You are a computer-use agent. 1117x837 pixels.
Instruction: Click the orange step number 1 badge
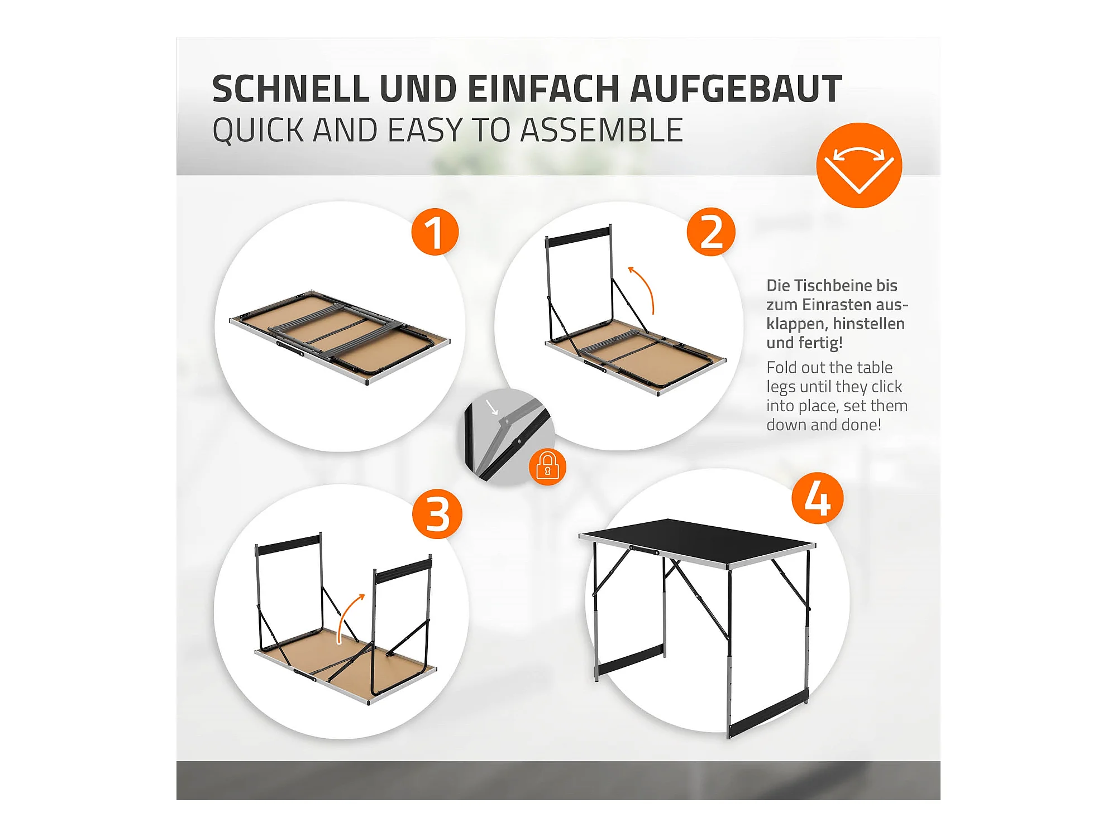[435, 232]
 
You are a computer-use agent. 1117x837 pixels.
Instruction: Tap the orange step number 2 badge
[711, 232]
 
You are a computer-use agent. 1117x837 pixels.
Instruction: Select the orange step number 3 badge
[437, 514]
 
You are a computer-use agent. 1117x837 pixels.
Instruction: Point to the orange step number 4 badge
[817, 498]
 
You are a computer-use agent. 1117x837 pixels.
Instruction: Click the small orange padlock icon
[547, 466]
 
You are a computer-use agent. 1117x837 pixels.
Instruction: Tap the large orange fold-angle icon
[859, 165]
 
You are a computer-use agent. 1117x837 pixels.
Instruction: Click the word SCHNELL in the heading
[290, 89]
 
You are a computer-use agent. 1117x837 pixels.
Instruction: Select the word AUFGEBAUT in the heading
[736, 89]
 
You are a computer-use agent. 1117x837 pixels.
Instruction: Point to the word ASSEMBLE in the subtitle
[602, 130]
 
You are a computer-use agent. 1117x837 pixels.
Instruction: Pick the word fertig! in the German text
[821, 343]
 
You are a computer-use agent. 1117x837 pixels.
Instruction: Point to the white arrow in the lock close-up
[491, 407]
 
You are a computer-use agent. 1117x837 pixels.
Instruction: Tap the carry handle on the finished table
[644, 550]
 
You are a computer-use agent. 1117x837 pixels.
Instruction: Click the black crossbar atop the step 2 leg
[578, 237]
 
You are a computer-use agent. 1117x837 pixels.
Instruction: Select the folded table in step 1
[340, 337]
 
